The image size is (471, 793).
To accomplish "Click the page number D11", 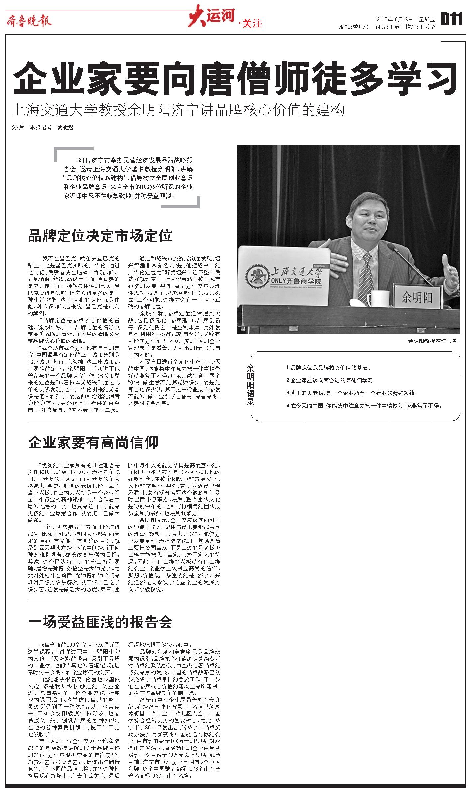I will (x=452, y=19).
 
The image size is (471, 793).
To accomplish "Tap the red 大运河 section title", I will (x=212, y=17).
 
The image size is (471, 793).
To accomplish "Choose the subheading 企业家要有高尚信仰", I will (x=93, y=442).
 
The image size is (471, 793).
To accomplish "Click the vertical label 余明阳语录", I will (x=250, y=385).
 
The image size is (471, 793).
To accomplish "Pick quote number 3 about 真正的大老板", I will (x=351, y=393).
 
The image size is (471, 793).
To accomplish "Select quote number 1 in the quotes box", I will (x=328, y=368).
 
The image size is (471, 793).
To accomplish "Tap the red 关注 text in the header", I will (x=252, y=23).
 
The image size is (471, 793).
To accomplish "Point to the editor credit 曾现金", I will (x=361, y=27).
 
